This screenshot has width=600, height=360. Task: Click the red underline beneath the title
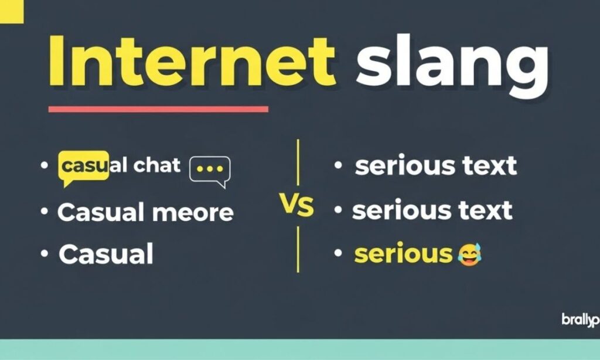[158, 109]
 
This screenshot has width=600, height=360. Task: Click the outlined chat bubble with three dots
[210, 170]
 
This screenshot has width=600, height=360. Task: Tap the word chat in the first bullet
[156, 166]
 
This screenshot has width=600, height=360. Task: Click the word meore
[193, 212]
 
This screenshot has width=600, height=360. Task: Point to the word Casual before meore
[101, 212]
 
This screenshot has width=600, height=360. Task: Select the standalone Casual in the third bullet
[106, 254]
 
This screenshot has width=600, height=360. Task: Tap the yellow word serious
[404, 254]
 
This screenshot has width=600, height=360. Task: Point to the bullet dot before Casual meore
[45, 211]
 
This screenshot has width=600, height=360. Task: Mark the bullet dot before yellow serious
[337, 254]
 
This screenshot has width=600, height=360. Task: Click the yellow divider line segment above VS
[298, 162]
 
